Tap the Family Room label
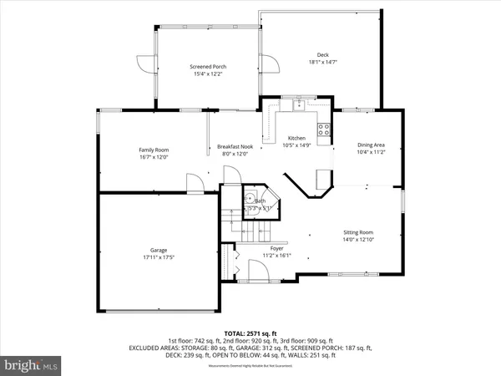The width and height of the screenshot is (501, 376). [x=153, y=150]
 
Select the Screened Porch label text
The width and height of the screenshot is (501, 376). [x=208, y=67]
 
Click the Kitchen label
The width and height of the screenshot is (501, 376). [x=296, y=138]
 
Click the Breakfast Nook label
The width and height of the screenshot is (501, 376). [x=235, y=145]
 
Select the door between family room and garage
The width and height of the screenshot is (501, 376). [x=194, y=183]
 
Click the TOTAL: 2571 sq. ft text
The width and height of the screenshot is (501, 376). [x=250, y=333]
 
